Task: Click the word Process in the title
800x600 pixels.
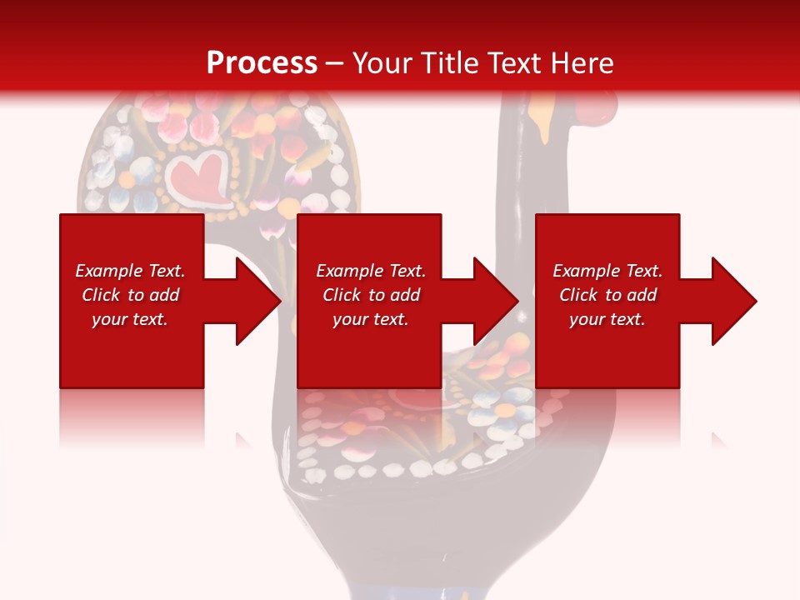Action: (x=262, y=63)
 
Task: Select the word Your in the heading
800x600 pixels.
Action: (x=383, y=63)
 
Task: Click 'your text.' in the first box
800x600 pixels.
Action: (x=130, y=319)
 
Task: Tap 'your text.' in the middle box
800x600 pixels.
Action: (x=371, y=319)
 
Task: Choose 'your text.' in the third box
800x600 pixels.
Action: (x=607, y=319)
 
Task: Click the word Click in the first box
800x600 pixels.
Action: (x=102, y=295)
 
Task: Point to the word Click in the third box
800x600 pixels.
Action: (x=579, y=295)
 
